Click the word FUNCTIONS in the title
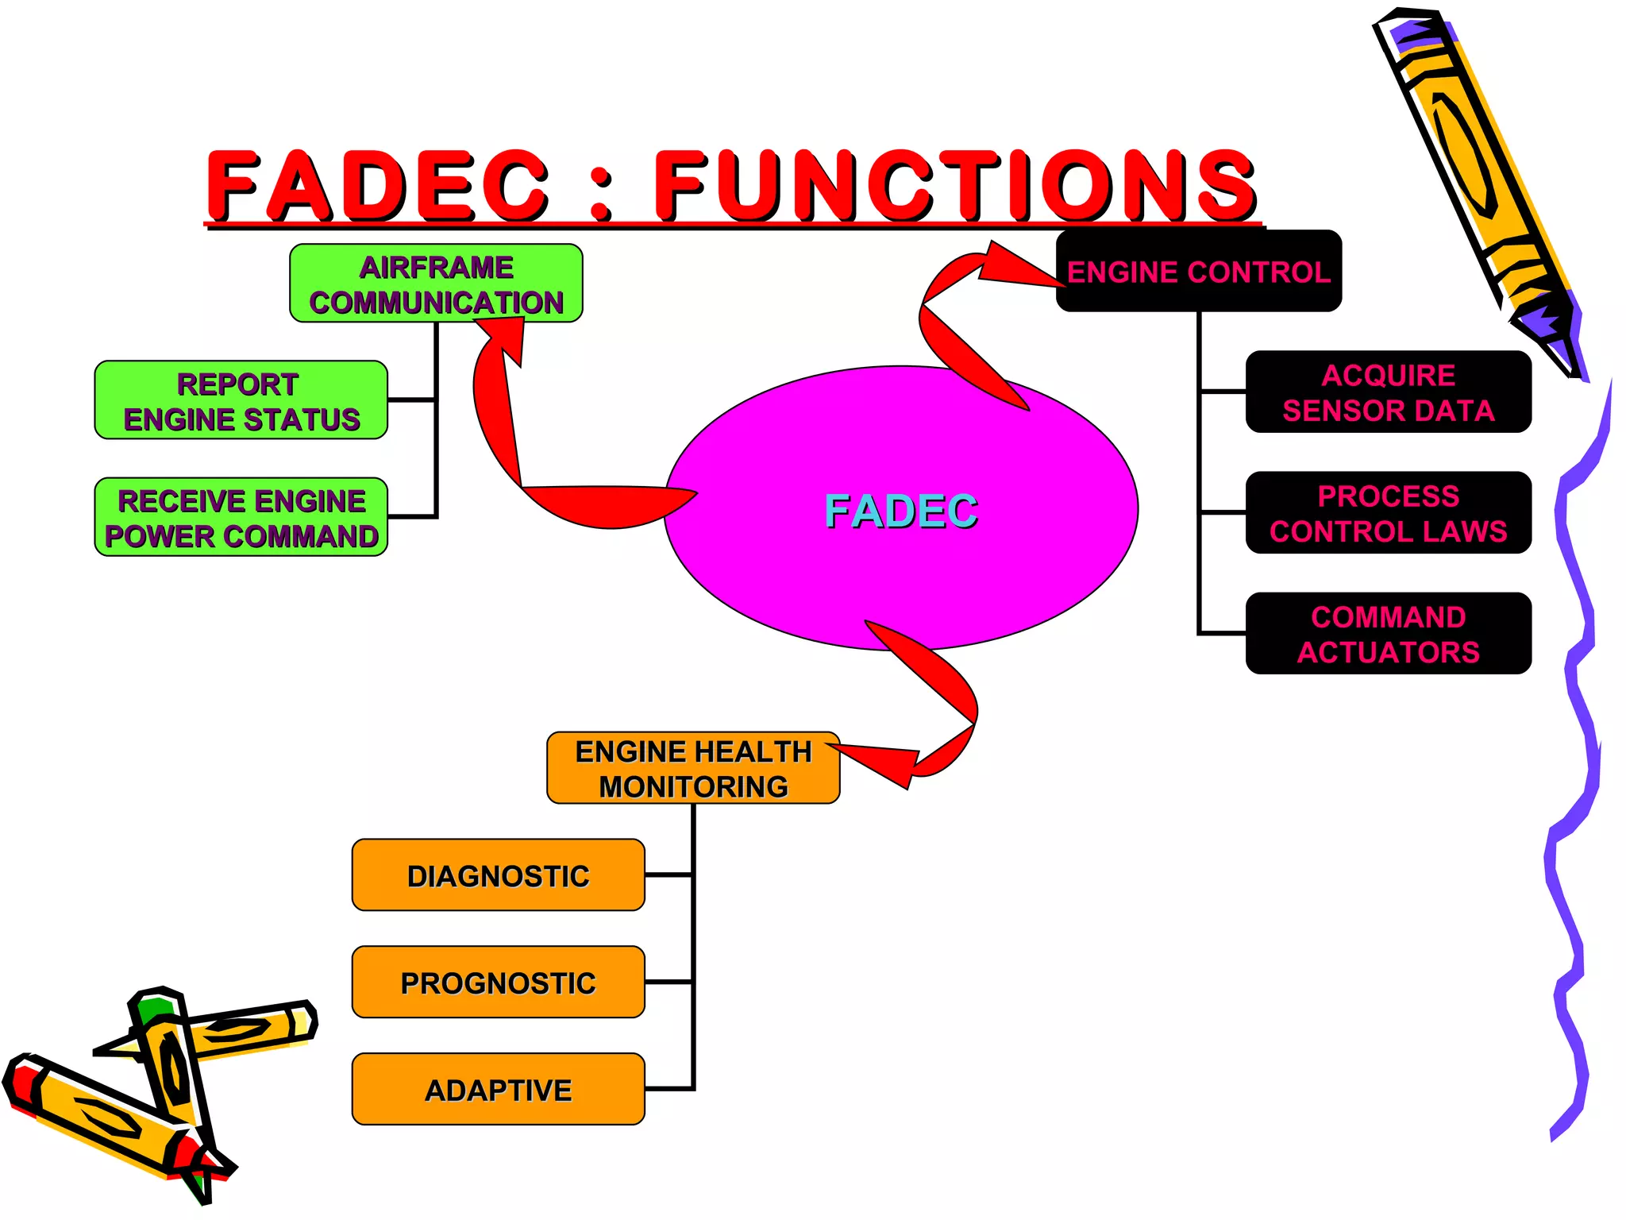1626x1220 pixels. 955,186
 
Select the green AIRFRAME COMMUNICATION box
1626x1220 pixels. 436,284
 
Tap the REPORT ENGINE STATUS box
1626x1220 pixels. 241,400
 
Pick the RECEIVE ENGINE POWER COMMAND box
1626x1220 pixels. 241,517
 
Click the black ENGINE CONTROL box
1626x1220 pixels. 1198,272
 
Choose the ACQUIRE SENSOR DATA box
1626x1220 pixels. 1388,392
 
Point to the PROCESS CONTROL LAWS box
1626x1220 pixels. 1388,513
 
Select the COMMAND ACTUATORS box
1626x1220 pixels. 1388,634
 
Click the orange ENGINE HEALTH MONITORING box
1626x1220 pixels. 693,768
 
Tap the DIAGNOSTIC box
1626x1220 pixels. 498,875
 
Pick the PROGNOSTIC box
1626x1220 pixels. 498,983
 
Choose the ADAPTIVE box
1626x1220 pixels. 498,1090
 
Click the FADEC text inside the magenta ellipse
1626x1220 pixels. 901,511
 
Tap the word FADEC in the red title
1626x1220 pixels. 378,186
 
